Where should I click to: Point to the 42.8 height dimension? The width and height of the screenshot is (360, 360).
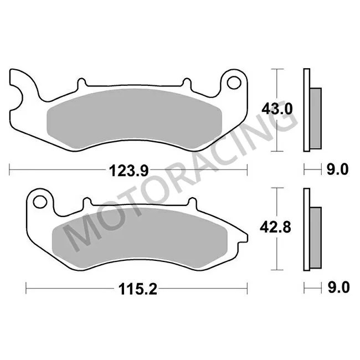click(x=275, y=227)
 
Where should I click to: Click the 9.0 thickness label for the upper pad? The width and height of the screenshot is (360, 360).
click(x=337, y=170)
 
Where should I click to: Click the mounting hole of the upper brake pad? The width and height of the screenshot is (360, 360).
click(x=233, y=83)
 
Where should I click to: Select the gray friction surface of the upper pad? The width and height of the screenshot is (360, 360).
click(x=136, y=116)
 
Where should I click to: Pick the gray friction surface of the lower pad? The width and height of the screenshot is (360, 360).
click(x=138, y=235)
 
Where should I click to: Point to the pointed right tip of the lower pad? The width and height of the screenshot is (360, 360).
click(x=244, y=239)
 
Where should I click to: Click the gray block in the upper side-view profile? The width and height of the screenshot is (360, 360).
click(x=315, y=118)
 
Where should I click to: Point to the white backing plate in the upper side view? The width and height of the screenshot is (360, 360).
click(x=306, y=111)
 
